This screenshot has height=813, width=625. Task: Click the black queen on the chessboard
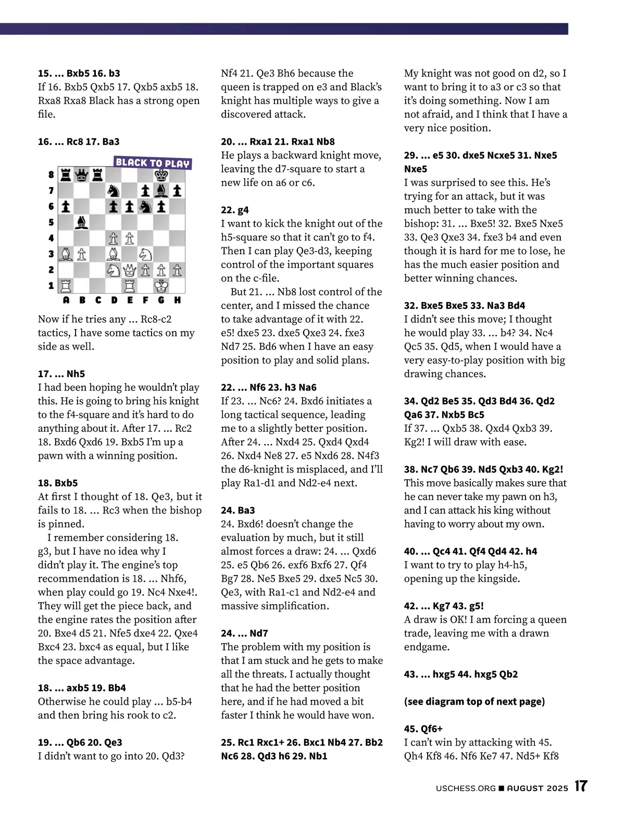pyautogui.click(x=81, y=174)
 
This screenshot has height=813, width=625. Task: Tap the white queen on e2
pyautogui.click(x=130, y=270)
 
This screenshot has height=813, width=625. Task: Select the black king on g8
pyautogui.click(x=161, y=174)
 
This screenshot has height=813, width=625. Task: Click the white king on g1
pyautogui.click(x=161, y=285)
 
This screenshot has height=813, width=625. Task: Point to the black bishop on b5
pyautogui.click(x=81, y=222)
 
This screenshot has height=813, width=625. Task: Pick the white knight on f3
pyautogui.click(x=145, y=254)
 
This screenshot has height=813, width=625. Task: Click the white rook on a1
pyautogui.click(x=66, y=285)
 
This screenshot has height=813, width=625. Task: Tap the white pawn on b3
pyautogui.click(x=81, y=254)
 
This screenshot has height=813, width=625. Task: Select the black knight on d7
pyautogui.click(x=114, y=191)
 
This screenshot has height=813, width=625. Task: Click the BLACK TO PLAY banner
pyautogui.click(x=152, y=162)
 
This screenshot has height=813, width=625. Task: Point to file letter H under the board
pyautogui.click(x=178, y=300)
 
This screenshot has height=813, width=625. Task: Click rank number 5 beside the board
pyautogui.click(x=51, y=222)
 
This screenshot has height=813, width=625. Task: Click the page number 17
pyautogui.click(x=581, y=786)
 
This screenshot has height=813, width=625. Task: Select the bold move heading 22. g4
pyautogui.click(x=235, y=210)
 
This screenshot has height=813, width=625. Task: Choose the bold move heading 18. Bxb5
pyautogui.click(x=58, y=483)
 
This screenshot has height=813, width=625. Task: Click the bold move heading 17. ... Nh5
pyautogui.click(x=61, y=373)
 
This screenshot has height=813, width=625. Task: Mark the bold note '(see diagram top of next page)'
pyautogui.click(x=474, y=702)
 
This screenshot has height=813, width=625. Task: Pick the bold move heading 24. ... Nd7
pyautogui.click(x=244, y=633)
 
